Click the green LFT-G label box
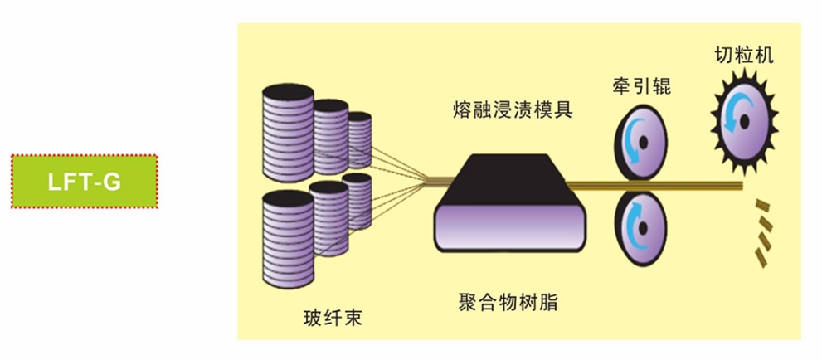click(84, 181)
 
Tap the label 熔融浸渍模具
click(513, 110)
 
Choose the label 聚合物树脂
click(508, 300)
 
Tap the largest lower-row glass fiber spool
click(285, 236)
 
